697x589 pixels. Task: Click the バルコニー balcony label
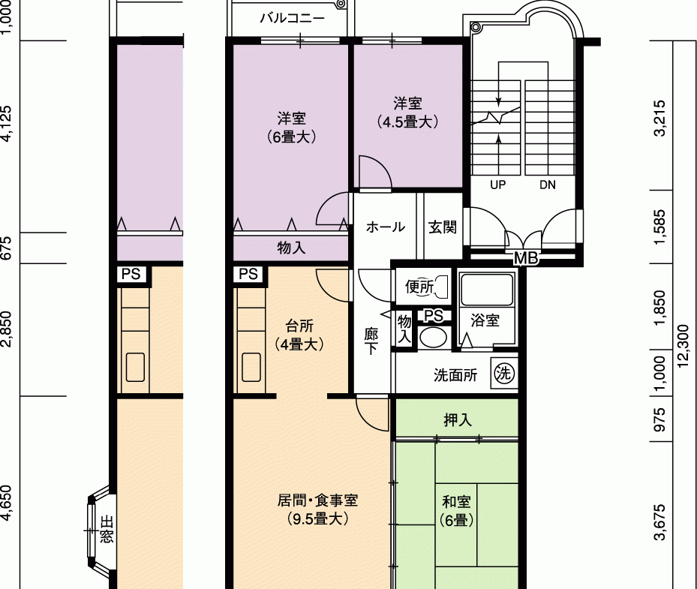pos(293,18)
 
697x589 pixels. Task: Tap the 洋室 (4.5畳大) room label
pos(407,113)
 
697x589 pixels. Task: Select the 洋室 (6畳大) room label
pos(292,128)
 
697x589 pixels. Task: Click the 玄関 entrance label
pos(443,227)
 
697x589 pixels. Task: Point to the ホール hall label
pos(386,227)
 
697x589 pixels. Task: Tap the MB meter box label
pos(526,257)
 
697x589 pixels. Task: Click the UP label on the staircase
pos(498,185)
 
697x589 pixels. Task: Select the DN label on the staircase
pos(548,185)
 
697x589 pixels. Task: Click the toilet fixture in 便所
pos(440,287)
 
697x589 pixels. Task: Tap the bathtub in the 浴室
pos(487,290)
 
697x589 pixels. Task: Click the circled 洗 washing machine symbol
pos(503,372)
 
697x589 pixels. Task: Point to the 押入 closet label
pos(458,419)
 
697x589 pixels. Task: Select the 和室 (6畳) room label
pos(456,511)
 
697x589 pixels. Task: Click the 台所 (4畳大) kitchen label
pos(299,335)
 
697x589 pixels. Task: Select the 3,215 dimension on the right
pos(660,118)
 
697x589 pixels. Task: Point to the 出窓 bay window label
pos(107,529)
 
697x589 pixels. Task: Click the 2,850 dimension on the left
pos(6,329)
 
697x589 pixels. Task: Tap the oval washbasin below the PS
pos(432,338)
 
